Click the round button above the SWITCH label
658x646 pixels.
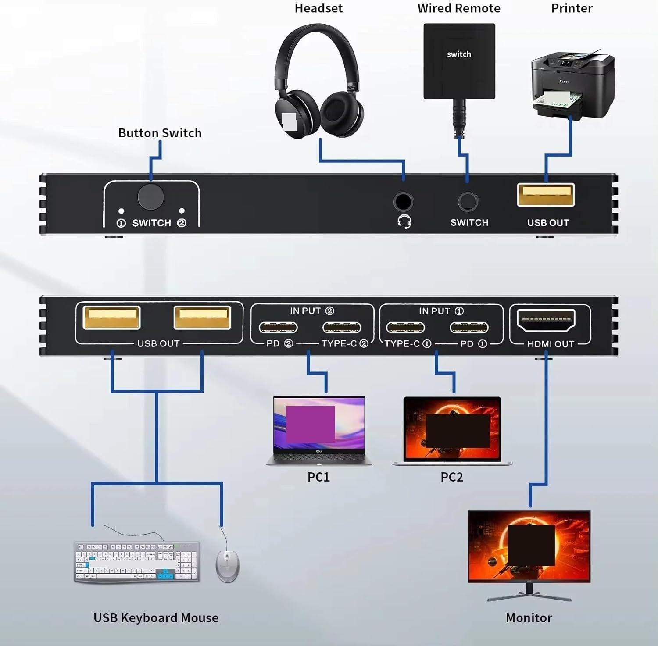pos(150,197)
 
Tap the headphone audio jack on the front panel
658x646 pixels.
pos(403,202)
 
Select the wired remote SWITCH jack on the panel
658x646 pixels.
pos(468,202)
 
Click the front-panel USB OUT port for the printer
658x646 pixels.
pos(546,195)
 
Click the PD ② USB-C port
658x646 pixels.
pos(278,328)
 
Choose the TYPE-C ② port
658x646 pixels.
pos(342,328)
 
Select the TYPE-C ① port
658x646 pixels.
pos(405,328)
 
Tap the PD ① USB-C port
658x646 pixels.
pos(469,328)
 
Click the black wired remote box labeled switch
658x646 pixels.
pos(459,61)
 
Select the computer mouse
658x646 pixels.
pos(228,566)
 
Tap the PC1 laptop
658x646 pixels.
pos(319,430)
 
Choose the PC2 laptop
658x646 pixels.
pos(452,430)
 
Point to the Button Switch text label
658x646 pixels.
pos(160,133)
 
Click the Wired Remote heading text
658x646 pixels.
pos(459,8)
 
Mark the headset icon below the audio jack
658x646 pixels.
pos(404,222)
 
